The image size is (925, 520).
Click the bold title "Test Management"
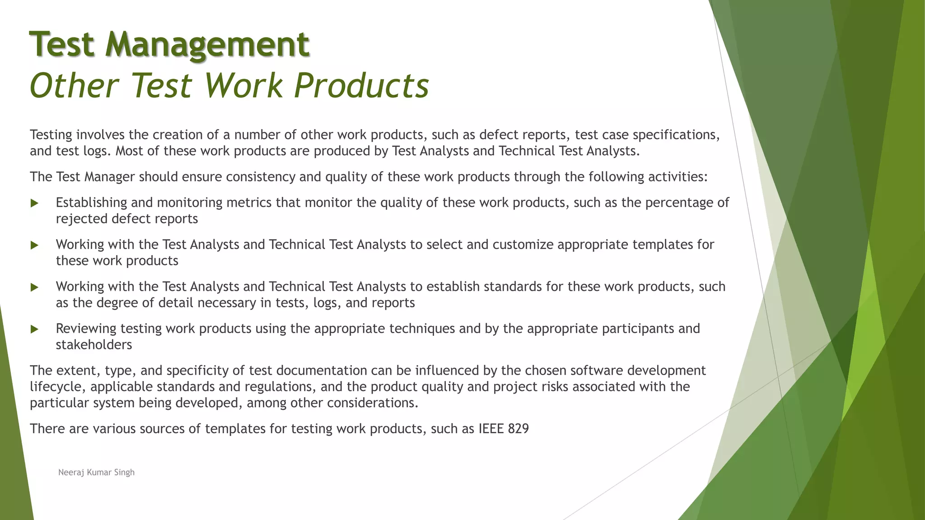169,44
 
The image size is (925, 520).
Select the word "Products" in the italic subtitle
361,85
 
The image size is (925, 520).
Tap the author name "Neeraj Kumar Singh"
96,472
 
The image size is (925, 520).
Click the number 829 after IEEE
518,428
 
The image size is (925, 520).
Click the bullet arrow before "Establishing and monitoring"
34,203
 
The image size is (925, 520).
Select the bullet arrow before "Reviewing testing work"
34,329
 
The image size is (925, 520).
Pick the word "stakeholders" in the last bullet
94,345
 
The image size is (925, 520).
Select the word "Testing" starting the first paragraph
51,135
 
